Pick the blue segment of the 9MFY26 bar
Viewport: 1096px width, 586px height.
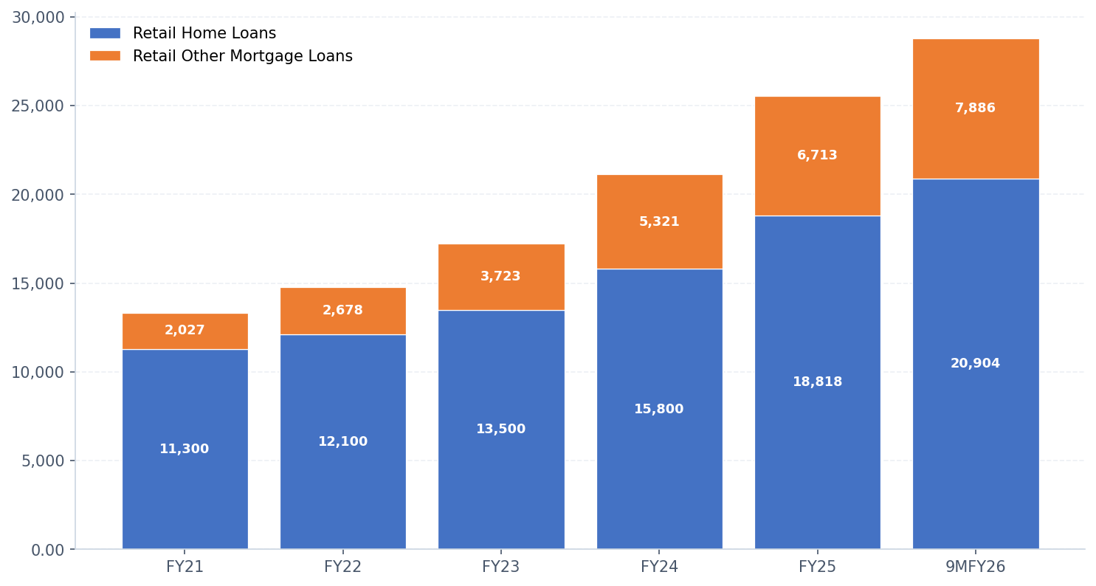coord(975,443)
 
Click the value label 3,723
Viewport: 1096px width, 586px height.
coord(500,277)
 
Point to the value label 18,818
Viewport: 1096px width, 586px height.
coord(817,382)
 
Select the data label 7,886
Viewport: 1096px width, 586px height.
coord(975,108)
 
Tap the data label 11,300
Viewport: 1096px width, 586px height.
coord(185,449)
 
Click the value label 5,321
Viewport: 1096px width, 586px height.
coord(659,222)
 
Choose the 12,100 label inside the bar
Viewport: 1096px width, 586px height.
coord(342,442)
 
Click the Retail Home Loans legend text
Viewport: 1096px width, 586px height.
coord(204,34)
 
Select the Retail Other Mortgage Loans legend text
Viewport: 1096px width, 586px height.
coord(242,57)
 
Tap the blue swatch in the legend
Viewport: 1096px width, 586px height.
coord(105,34)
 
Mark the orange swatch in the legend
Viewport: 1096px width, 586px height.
coord(105,56)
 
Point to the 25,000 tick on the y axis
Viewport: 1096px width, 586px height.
coord(38,106)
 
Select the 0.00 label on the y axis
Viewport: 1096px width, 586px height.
coord(48,551)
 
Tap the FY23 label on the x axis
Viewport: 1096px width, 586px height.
coord(500,568)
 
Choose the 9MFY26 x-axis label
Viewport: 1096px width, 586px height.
coord(975,568)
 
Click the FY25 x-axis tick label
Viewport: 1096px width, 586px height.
coord(817,568)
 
